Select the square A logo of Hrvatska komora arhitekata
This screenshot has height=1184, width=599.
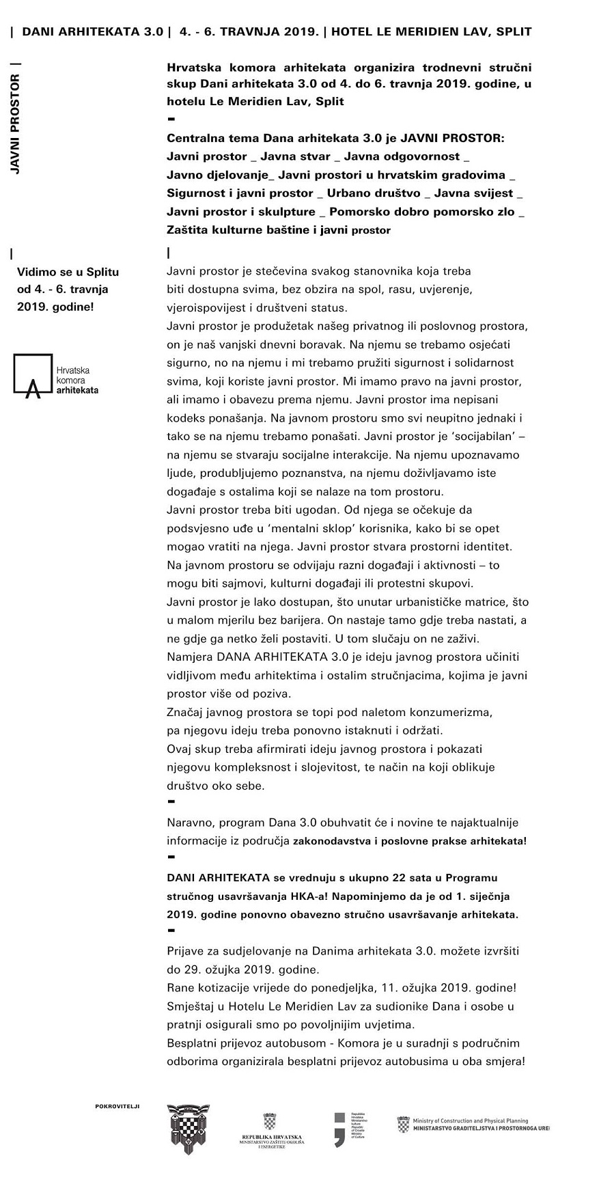(x=33, y=375)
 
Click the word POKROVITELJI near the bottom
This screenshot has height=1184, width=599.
(x=117, y=1105)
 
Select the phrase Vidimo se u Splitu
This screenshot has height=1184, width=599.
(x=68, y=272)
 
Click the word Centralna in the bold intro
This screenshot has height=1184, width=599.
(x=193, y=137)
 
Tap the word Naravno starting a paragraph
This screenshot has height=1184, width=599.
(x=189, y=823)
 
